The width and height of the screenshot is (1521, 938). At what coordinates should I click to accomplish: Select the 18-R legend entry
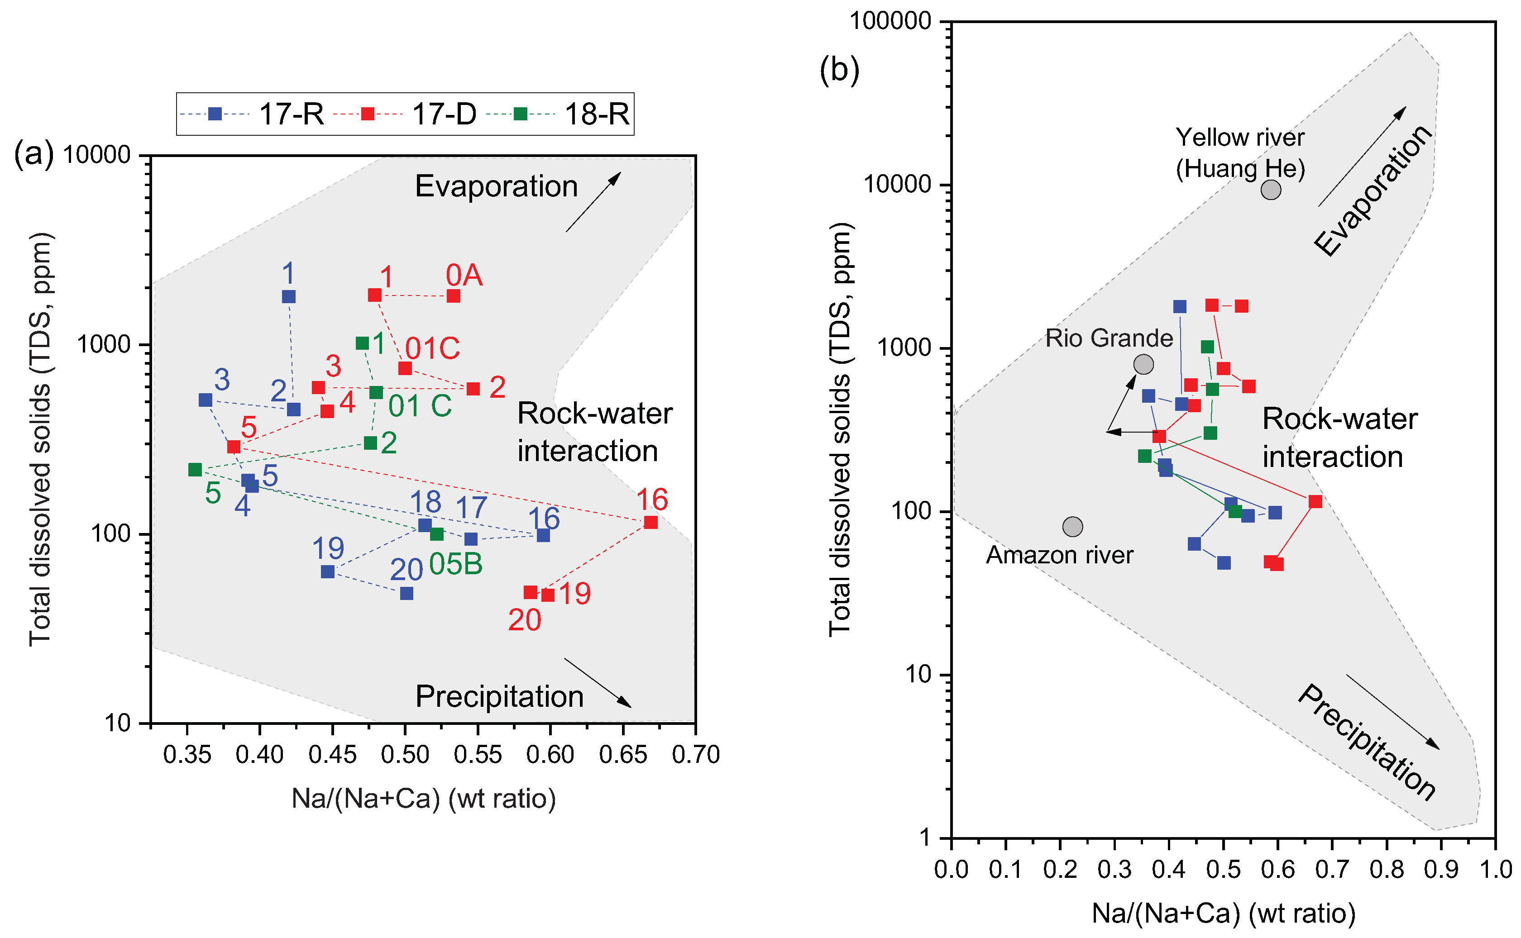coord(559,114)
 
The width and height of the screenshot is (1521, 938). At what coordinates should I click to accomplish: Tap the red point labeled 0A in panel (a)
coord(454,296)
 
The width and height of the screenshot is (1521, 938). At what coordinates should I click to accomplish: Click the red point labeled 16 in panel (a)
coord(650,522)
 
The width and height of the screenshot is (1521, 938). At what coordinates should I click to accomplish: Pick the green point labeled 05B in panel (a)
coord(437,534)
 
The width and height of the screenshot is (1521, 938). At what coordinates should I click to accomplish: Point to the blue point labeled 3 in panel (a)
coord(206,400)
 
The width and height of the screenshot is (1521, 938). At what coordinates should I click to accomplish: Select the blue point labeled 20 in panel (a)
coord(407,594)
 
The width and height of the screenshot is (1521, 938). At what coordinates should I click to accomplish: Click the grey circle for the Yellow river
coord(1271,190)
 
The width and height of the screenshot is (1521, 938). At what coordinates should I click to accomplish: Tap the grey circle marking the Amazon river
coord(1072,527)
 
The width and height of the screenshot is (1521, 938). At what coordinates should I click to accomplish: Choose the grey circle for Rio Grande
coord(1144,364)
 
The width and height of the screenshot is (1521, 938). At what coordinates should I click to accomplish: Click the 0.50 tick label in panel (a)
coord(405,755)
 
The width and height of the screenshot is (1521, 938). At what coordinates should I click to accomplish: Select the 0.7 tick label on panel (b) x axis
coord(1332,870)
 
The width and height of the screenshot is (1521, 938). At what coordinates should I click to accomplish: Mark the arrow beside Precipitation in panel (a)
coord(597,682)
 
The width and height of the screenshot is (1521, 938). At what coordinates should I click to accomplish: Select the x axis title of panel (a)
coord(423,799)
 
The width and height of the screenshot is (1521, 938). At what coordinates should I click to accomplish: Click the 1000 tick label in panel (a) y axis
coord(104,344)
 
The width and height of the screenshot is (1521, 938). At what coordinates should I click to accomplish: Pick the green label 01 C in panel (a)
coord(420,406)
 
